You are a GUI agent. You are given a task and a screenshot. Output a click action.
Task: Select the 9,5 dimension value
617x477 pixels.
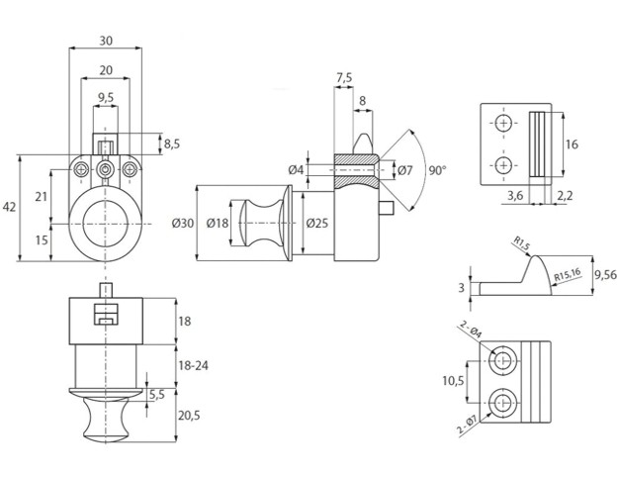coord(105,97)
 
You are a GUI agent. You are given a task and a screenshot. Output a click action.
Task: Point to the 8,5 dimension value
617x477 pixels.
coord(171,144)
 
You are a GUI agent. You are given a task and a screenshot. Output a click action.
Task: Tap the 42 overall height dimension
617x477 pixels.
coord(11,207)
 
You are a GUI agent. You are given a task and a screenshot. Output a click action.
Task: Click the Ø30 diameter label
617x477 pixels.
coord(182,224)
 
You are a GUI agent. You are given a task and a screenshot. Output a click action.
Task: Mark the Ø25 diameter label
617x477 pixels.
coord(316,224)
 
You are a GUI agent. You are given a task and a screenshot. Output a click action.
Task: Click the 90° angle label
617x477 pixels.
coord(437,170)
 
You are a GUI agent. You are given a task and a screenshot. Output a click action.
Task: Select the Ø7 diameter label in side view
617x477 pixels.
coord(403,170)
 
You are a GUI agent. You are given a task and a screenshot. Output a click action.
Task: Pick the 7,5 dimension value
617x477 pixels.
coord(344,78)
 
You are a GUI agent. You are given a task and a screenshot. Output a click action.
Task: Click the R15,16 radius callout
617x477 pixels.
coord(568,276)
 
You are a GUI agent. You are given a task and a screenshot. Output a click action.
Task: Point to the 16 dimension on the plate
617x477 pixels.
coord(572,144)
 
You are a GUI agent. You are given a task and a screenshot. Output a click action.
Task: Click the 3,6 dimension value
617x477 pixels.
coord(515,197)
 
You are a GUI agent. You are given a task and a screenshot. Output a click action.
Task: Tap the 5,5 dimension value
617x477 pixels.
coord(155,394)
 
